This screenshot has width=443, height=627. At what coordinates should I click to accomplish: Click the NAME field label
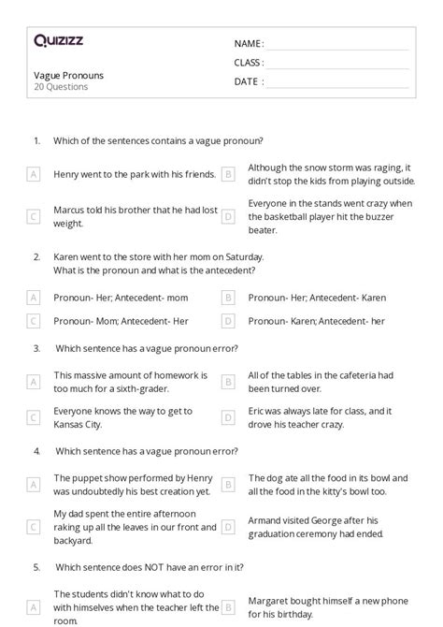click(x=248, y=44)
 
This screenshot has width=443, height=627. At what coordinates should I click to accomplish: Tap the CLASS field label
click(x=249, y=63)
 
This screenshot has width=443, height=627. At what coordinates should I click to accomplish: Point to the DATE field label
click(x=248, y=81)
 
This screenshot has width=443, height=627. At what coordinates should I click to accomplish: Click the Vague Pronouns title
click(x=68, y=75)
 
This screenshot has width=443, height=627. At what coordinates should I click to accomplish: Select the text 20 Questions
click(x=61, y=87)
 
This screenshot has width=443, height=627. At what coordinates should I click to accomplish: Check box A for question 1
click(x=34, y=174)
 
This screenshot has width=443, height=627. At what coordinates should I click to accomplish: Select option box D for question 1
click(x=227, y=216)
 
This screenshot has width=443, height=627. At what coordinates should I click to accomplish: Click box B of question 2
click(x=227, y=298)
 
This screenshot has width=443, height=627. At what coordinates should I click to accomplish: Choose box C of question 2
click(x=34, y=321)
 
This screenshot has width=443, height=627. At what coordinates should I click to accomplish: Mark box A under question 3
click(x=34, y=381)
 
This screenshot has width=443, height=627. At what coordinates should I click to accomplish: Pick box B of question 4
click(x=227, y=484)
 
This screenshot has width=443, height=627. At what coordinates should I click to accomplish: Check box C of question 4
click(x=34, y=525)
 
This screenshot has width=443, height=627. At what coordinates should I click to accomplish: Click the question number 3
click(x=36, y=348)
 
